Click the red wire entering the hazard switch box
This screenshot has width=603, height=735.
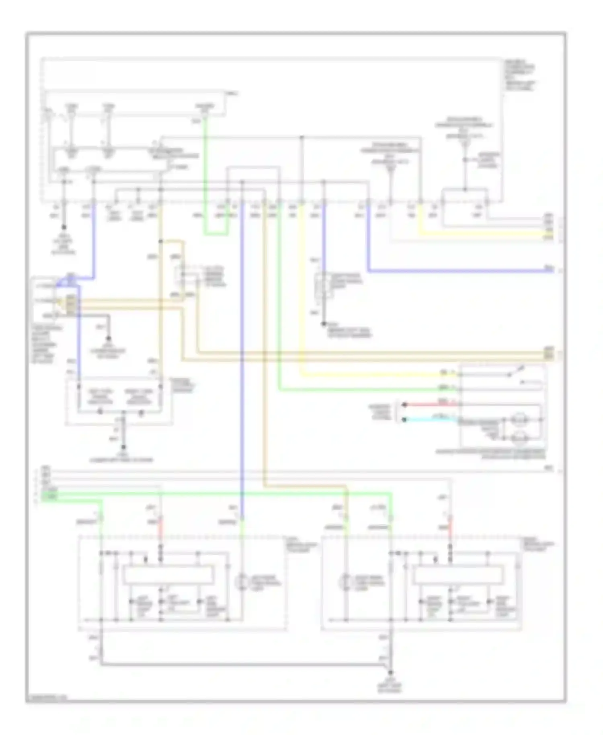tap(430, 404)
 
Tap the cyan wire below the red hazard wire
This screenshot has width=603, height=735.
tap(430, 419)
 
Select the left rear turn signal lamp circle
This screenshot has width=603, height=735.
tap(242, 582)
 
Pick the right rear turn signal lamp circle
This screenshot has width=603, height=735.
tap(345, 582)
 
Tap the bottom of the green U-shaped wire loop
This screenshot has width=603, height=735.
tap(216, 234)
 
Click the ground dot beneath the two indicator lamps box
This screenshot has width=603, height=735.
tap(123, 447)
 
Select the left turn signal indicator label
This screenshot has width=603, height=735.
tap(100, 396)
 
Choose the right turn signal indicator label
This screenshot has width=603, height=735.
tap(139, 396)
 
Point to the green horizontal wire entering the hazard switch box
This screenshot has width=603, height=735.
tap(362, 390)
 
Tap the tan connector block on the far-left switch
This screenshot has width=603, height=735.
tap(70, 304)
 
